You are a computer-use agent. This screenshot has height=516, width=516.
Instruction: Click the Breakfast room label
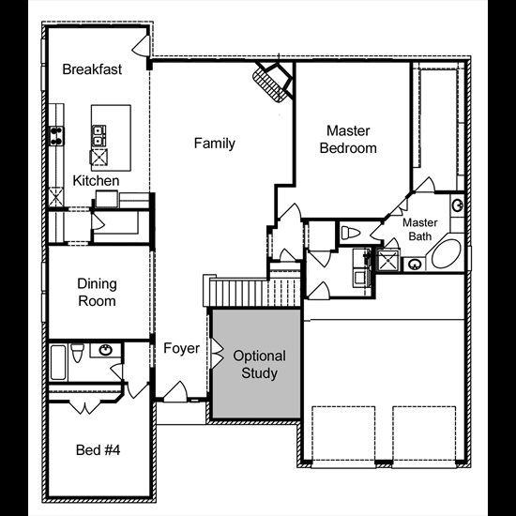(92, 69)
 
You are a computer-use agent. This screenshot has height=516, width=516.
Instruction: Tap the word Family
(215, 144)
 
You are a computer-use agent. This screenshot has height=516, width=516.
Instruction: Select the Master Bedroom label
(348, 140)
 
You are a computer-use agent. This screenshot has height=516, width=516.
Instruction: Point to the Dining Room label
(97, 293)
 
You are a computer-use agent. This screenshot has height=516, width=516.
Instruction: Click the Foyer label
(181, 348)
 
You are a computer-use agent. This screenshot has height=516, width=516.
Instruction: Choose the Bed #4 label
(98, 449)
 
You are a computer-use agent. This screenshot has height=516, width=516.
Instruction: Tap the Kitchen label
(96, 181)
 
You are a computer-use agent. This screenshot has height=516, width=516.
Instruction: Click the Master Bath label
(420, 229)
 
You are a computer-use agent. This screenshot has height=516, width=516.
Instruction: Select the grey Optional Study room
(256, 364)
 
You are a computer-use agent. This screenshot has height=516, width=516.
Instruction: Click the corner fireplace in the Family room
(272, 82)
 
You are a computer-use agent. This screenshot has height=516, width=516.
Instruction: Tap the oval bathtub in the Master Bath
(447, 253)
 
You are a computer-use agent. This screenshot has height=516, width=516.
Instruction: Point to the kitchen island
(111, 138)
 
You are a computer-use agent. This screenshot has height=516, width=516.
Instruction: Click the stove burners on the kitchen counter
(56, 136)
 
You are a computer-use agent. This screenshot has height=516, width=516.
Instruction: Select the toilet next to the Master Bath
(351, 233)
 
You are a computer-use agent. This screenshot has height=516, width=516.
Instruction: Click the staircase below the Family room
(252, 290)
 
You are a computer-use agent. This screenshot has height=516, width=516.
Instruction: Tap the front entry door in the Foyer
(175, 391)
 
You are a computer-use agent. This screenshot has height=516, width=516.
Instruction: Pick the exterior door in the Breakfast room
(142, 45)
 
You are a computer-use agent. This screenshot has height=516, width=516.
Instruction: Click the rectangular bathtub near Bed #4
(58, 362)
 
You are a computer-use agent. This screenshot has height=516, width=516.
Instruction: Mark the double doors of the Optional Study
(217, 354)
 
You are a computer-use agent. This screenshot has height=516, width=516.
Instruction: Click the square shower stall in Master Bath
(388, 261)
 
